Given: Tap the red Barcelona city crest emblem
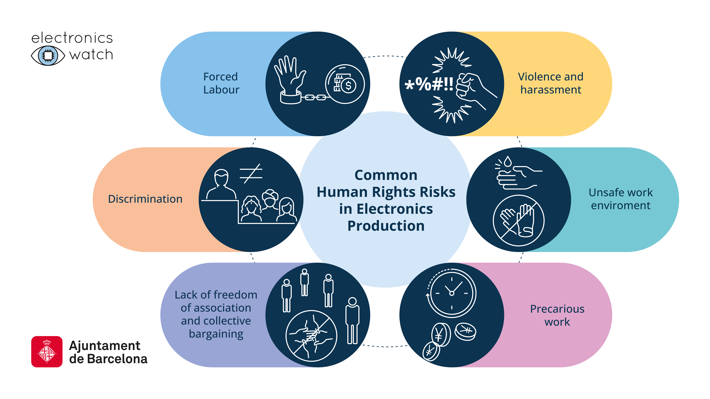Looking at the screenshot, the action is coord(47,352).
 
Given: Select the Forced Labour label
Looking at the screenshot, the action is coord(221,83).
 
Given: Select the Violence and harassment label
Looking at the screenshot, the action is coord(551,83).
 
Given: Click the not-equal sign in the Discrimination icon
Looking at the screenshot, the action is coord(251,174).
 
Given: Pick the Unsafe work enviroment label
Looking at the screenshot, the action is coord(621,199).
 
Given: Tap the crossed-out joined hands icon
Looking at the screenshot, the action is coord(311,336).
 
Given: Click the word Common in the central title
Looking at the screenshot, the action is coord(386,175).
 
